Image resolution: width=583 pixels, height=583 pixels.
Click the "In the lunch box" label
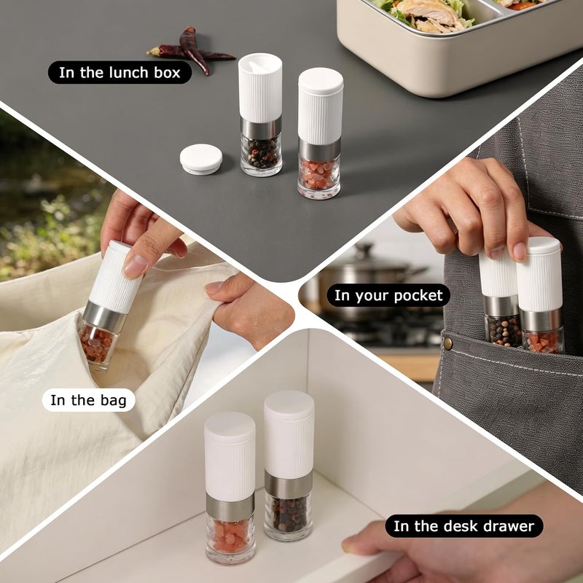click(x=120, y=72)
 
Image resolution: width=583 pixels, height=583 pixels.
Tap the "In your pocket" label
click(x=388, y=296)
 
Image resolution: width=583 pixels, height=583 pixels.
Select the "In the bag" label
click(x=88, y=400)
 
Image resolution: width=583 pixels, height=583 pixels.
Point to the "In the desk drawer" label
click(x=463, y=526)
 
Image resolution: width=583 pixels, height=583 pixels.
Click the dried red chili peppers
click(x=192, y=50)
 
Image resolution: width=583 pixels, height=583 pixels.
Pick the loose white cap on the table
click(x=201, y=159)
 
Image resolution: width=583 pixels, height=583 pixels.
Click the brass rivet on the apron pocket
click(x=447, y=343)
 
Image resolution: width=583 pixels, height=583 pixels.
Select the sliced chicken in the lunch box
click(x=431, y=15)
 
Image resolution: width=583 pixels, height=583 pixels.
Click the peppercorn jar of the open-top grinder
click(x=261, y=155)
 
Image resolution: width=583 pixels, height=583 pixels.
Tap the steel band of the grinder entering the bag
click(x=106, y=317)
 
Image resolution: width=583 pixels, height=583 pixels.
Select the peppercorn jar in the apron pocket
click(x=503, y=331)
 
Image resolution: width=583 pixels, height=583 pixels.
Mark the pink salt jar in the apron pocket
click(x=543, y=341)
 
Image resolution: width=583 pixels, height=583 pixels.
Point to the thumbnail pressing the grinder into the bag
click(x=136, y=265)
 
